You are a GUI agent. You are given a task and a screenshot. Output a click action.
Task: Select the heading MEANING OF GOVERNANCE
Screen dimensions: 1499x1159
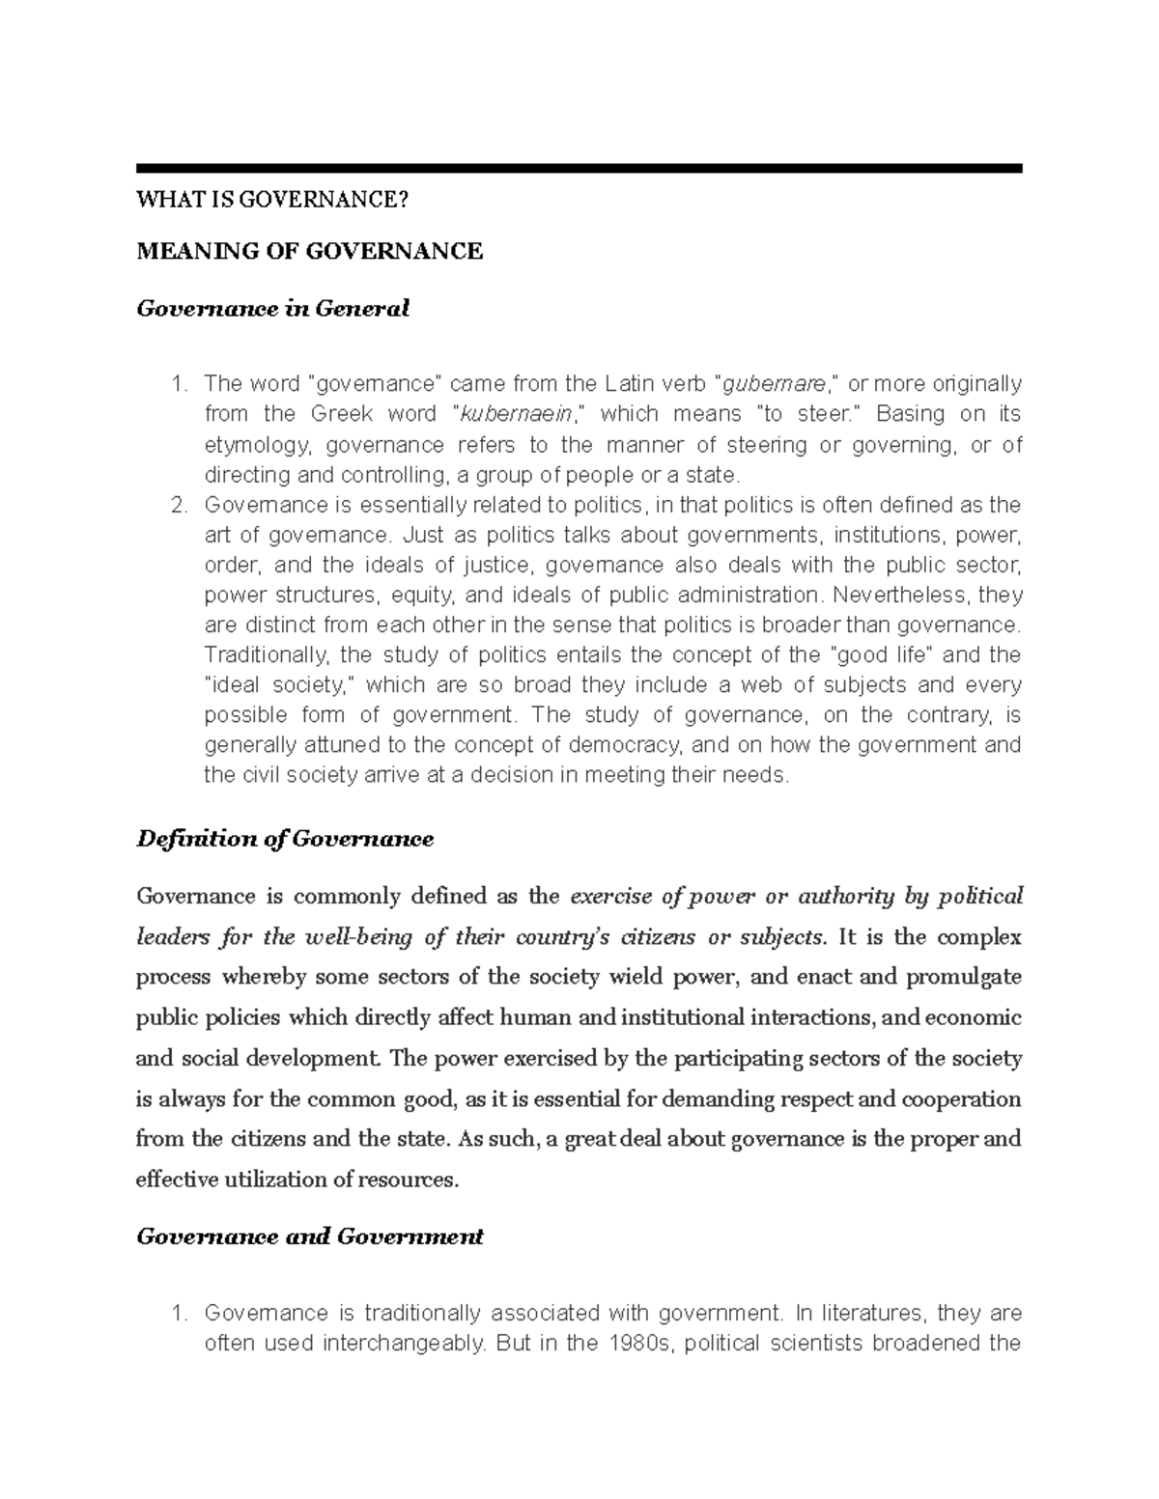(309, 252)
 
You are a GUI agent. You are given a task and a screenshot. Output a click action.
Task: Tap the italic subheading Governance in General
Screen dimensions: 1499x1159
(272, 309)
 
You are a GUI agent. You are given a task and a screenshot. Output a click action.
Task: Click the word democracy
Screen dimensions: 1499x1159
(625, 744)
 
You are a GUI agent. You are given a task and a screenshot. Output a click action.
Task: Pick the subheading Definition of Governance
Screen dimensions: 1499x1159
(285, 839)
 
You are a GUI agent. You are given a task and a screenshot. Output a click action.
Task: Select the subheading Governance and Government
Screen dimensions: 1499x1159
(309, 1236)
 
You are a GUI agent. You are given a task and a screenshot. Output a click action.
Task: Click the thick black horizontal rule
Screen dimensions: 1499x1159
(579, 168)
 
